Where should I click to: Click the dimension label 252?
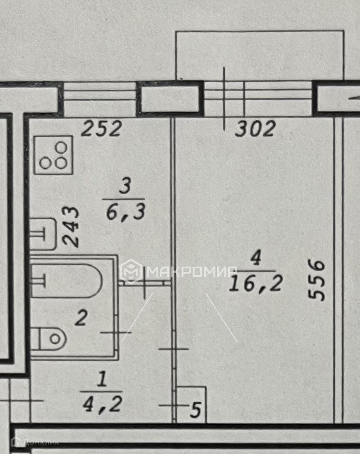click(101, 129)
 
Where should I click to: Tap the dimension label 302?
click(255, 129)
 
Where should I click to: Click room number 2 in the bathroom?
click(81, 318)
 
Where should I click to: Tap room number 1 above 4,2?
click(102, 381)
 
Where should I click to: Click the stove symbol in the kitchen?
click(54, 155)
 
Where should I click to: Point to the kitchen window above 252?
click(100, 98)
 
